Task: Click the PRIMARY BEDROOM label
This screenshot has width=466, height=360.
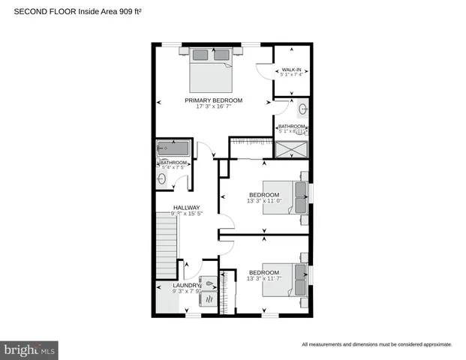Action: pos(214,100)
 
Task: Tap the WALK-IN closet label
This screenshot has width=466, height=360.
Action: pos(291,69)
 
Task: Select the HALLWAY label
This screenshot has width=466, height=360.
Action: pos(186,208)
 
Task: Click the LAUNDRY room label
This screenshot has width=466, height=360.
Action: pos(186,286)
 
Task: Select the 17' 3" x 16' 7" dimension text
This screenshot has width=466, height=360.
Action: pos(214,106)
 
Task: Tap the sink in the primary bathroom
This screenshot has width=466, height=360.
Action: pos(302,108)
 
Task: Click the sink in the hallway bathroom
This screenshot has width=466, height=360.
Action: pos(162,178)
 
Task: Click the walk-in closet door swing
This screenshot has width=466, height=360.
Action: pos(263,72)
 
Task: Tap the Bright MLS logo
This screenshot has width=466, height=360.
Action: pos(30,349)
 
